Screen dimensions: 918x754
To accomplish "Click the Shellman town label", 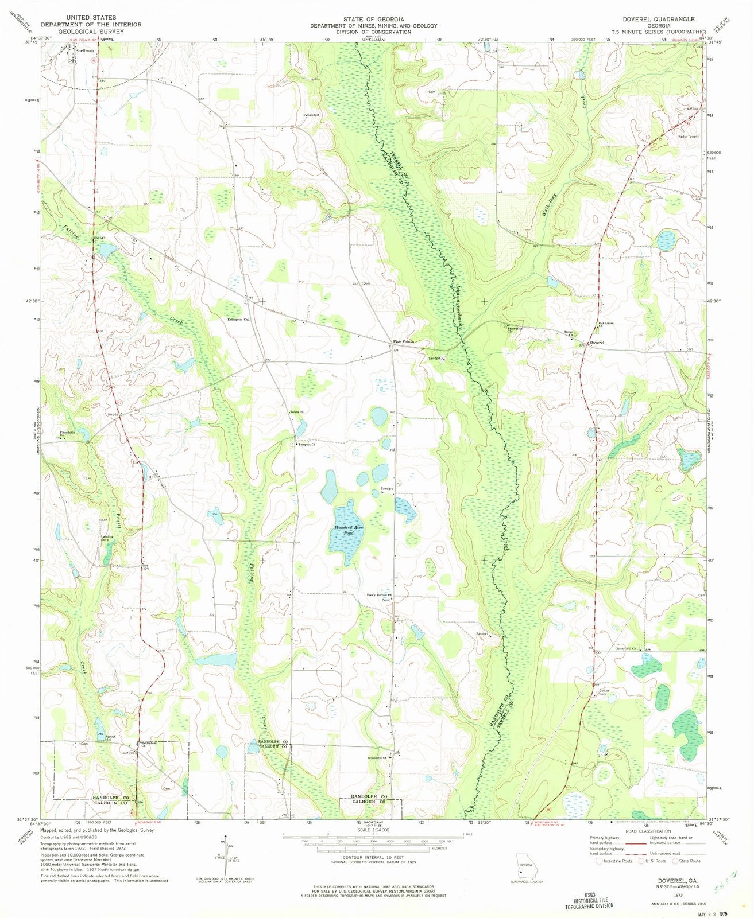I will pos(84,50).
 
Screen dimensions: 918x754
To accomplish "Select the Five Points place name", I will pos(404,341).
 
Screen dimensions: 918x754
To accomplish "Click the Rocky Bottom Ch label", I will pos(379,595).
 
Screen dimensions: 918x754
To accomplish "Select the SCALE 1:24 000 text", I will pos(376,829).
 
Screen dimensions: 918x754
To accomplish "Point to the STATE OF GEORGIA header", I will pos(378,19).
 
